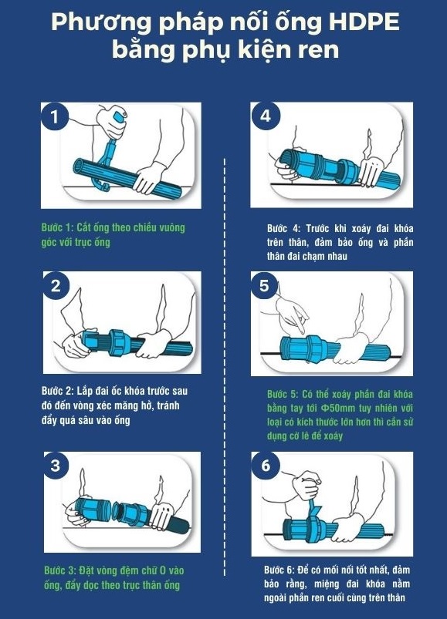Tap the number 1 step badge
[55, 117]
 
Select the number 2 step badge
[56, 285]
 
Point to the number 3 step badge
[56, 465]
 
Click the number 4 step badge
[266, 116]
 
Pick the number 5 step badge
[264, 285]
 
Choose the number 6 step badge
[266, 466]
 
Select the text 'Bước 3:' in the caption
[60, 570]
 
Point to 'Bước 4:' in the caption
[284, 229]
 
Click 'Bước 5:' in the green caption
[283, 395]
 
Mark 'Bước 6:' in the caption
[279, 570]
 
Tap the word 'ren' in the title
[320, 51]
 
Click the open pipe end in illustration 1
[79, 169]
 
